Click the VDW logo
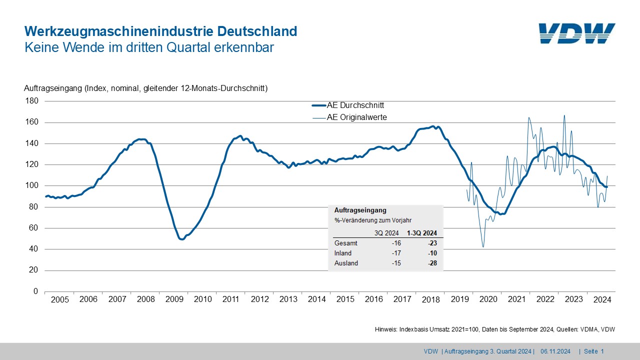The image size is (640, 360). (577, 33)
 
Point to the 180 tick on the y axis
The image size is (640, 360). (31, 101)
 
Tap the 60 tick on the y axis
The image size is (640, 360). (33, 228)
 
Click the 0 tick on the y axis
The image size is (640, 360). (35, 291)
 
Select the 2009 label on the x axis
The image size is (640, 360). (174, 299)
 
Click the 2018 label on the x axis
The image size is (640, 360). (431, 299)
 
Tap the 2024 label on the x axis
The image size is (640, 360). (602, 299)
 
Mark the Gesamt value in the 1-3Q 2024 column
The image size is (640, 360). (432, 243)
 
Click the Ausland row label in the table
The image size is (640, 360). (346, 263)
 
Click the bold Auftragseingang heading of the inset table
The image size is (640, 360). (360, 211)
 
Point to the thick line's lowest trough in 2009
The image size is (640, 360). (182, 239)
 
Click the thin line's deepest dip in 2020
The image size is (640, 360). (483, 246)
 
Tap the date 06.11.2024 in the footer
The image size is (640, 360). (555, 351)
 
